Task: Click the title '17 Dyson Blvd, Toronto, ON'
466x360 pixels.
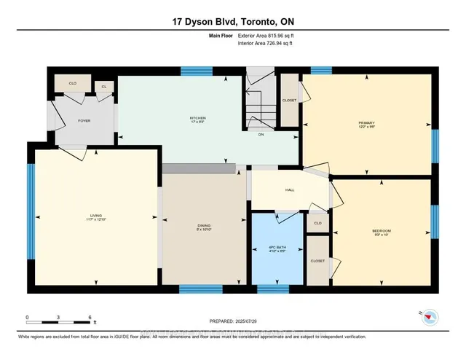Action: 233,23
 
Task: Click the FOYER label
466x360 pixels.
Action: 84,120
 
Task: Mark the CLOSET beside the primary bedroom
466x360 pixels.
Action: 290,99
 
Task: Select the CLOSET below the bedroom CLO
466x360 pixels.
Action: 317,259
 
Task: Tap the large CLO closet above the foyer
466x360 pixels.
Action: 73,84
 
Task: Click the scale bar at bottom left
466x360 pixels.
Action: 58,318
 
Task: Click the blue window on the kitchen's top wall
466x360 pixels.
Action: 191,71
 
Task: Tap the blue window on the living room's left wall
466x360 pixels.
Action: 31,211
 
